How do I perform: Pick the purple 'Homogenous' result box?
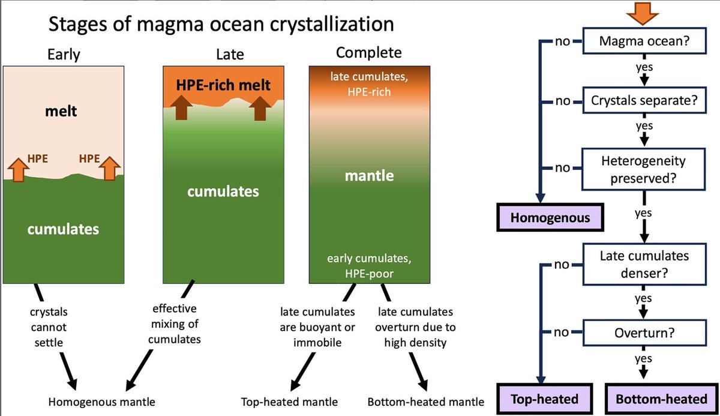click(x=550, y=217)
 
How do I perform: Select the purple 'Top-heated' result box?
click(x=544, y=399)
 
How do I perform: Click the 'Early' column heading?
click(x=64, y=55)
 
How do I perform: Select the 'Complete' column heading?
click(x=368, y=53)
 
